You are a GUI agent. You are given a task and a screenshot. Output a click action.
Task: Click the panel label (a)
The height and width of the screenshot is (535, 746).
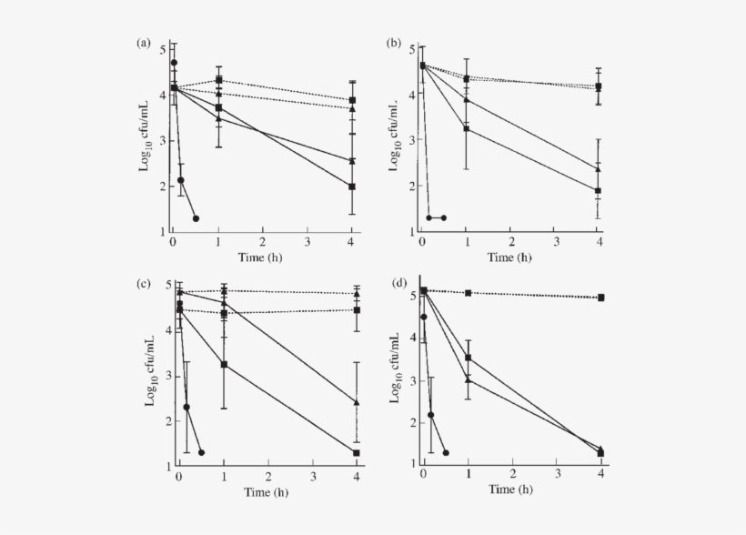click(x=143, y=43)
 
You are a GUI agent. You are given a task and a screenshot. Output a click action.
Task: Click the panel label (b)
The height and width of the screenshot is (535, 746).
click(x=392, y=43)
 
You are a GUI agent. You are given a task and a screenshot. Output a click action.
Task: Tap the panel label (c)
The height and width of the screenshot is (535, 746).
click(x=143, y=283)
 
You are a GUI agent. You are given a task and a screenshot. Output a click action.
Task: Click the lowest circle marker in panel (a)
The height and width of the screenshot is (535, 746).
click(x=196, y=218)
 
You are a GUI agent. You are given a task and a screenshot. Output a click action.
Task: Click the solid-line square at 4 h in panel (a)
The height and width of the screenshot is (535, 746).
click(x=352, y=187)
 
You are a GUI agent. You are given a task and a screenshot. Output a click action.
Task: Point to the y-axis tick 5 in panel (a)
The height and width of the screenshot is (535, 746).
click(x=162, y=48)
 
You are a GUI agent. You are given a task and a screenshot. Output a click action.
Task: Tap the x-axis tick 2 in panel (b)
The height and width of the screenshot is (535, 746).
click(x=510, y=241)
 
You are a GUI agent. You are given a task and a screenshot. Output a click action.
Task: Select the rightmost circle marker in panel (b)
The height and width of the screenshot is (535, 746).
click(x=443, y=217)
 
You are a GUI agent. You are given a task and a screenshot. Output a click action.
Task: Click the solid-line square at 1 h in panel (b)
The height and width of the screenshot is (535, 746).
click(x=467, y=129)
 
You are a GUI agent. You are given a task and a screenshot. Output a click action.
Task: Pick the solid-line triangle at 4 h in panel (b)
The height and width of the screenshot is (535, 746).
click(x=598, y=168)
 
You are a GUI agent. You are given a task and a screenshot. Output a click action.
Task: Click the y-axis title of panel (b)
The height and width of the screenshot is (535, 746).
click(x=397, y=134)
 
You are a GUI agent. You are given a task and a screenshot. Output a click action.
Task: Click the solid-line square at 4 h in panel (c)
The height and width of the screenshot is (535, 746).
click(x=356, y=452)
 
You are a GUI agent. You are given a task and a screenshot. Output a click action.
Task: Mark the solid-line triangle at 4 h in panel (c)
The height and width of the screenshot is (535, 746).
click(x=356, y=401)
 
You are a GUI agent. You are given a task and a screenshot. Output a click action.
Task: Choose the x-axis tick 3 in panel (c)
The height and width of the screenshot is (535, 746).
click(x=312, y=477)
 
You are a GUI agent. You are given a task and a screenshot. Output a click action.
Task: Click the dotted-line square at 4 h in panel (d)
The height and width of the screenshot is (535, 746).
click(x=601, y=298)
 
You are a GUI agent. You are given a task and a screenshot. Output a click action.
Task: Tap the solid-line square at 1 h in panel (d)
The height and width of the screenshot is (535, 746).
click(x=468, y=358)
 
